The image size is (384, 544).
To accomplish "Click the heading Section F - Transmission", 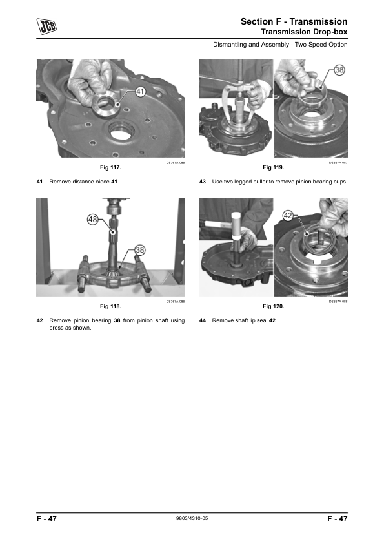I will tap(294, 22).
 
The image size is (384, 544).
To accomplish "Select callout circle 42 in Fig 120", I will tap(289, 215).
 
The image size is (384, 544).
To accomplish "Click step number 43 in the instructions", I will tap(203, 182).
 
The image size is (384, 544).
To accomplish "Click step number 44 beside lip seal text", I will tap(203, 320).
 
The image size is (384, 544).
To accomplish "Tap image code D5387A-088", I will tap(338, 301).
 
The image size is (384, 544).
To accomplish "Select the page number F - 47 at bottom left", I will tap(46, 519).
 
